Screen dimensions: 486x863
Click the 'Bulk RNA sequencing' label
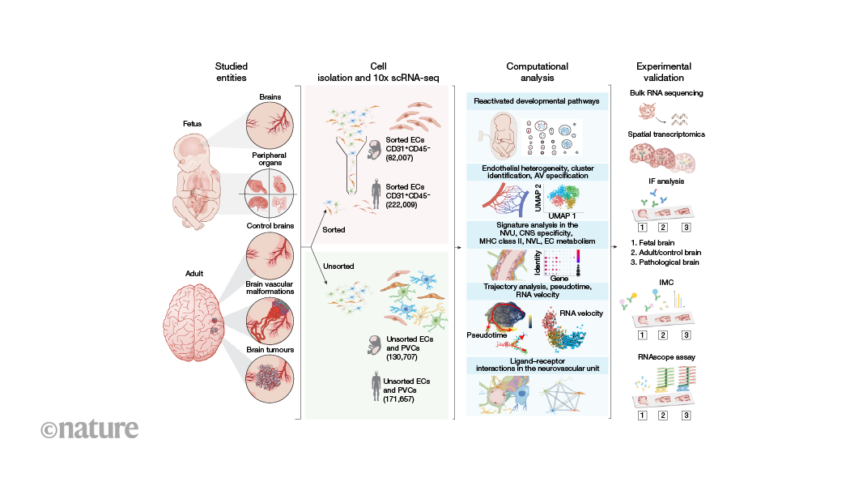coord(666,93)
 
